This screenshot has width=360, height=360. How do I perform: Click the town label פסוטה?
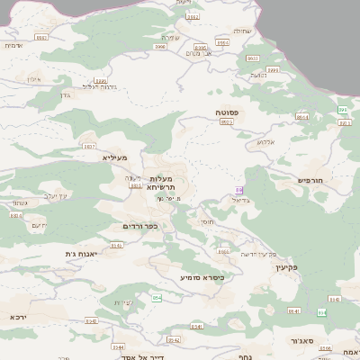click(226, 112)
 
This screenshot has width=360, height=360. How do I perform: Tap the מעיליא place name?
click(115, 157)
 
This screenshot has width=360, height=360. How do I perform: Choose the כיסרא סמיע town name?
click(202, 277)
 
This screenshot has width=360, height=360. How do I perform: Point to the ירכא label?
click(19, 317)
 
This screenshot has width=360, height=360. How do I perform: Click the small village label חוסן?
click(206, 220)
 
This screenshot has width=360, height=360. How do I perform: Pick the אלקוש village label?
click(265, 141)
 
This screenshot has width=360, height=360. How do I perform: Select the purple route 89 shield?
click(238, 190)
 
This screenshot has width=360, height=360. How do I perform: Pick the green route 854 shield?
click(157, 297)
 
